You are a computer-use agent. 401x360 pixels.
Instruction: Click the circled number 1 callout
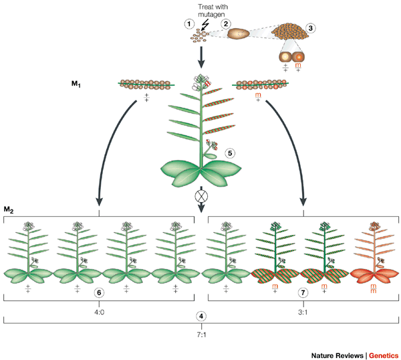pos(189,24)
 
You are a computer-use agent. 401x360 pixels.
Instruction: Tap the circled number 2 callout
pos(227,24)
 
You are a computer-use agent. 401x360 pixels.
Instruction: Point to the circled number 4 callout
pos(200,314)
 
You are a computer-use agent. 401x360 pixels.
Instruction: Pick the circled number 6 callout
pos(98,292)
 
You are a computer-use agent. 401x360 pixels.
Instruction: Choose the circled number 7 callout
pos(303,292)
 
